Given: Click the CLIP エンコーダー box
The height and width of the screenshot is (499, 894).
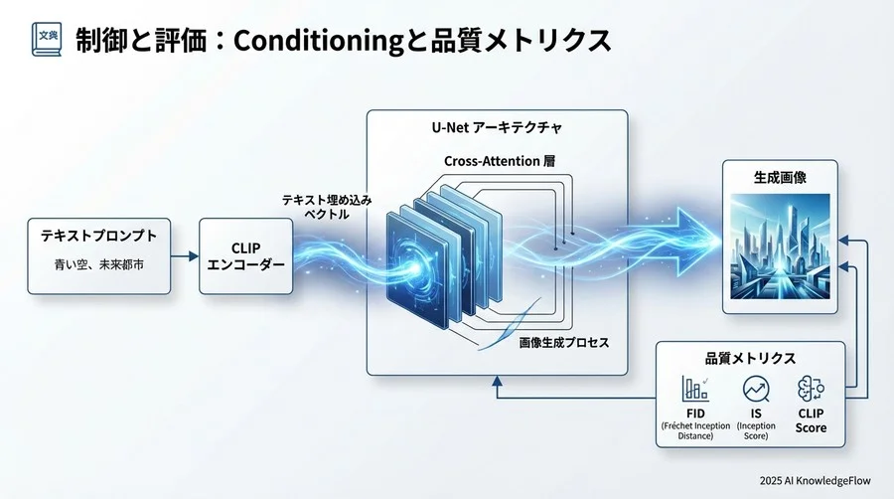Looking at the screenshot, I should pyautogui.click(x=247, y=256).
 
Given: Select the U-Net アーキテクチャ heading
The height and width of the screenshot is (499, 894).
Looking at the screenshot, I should pyautogui.click(x=497, y=130).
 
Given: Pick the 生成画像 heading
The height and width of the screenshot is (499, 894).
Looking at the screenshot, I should pyautogui.click(x=780, y=175).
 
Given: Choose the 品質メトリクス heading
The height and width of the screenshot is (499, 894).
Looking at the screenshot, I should pyautogui.click(x=751, y=359).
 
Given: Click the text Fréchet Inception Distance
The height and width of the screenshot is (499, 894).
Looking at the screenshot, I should pyautogui.click(x=694, y=430).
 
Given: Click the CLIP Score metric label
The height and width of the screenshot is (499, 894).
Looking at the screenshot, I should pyautogui.click(x=811, y=420).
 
